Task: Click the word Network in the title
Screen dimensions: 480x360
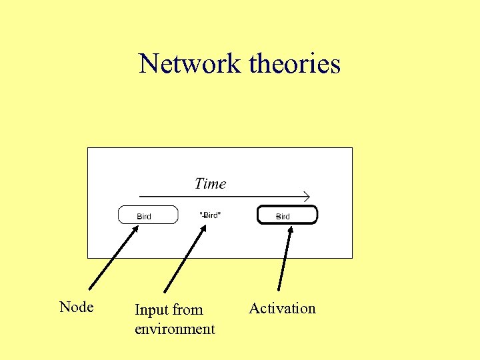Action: [189, 64]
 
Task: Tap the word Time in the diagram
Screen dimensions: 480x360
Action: [210, 183]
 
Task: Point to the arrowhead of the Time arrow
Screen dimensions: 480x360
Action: [307, 196]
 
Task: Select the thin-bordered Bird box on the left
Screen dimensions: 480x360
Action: [148, 215]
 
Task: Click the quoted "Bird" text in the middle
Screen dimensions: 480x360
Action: [211, 215]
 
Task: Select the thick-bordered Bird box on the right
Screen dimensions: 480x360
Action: [287, 215]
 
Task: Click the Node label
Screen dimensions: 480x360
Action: [76, 307]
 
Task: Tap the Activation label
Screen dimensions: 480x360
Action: [282, 308]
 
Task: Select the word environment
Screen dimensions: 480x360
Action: [175, 329]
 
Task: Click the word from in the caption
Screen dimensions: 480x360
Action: [187, 310]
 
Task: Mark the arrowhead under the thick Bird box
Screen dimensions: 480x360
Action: [290, 229]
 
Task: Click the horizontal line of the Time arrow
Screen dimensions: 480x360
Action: [220, 197]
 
